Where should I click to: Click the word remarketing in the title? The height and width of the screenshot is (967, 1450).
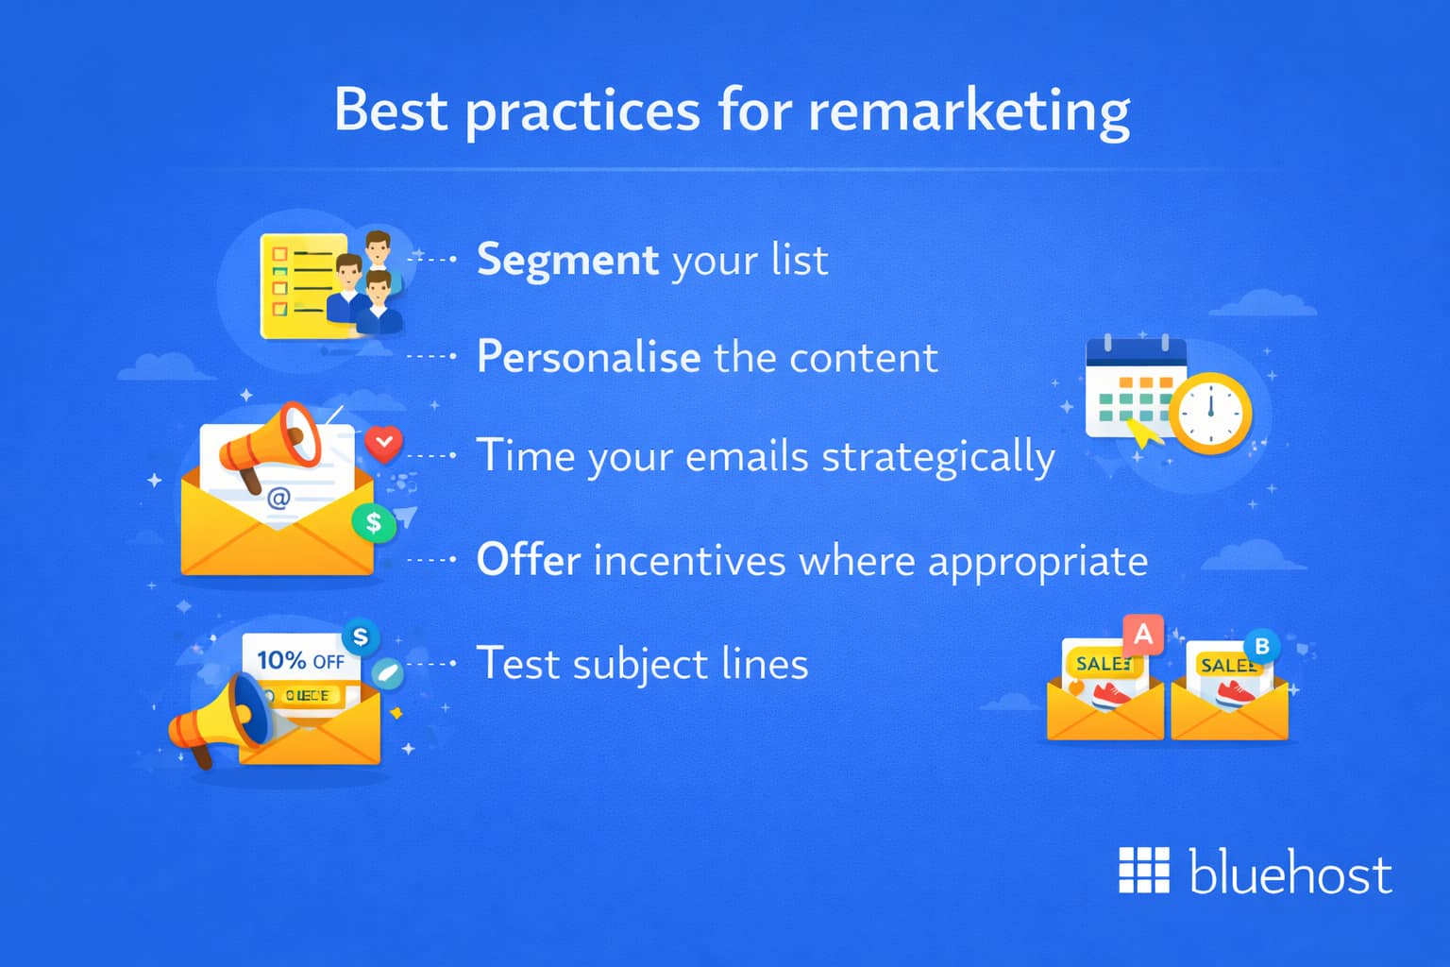[969, 110]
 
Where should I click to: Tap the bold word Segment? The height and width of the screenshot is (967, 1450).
[567, 260]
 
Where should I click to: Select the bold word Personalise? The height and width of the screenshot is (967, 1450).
[588, 357]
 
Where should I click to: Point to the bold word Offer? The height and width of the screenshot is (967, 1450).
[528, 560]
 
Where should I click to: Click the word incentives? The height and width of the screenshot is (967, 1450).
[689, 561]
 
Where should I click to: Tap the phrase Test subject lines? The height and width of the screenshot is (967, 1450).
[642, 664]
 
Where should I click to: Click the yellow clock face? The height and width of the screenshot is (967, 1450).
[1211, 413]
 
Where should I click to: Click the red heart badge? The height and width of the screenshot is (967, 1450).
[383, 443]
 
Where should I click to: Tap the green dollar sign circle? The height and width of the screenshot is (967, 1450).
[374, 521]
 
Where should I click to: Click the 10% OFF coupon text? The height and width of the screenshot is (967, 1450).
[300, 660]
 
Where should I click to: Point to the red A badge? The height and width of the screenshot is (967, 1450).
[1143, 634]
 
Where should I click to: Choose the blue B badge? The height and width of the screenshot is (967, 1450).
[1262, 647]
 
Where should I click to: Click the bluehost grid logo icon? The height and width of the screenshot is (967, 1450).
[1143, 870]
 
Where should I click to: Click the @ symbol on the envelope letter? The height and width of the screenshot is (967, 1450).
[278, 498]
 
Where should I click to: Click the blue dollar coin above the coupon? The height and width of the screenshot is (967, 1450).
[360, 636]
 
